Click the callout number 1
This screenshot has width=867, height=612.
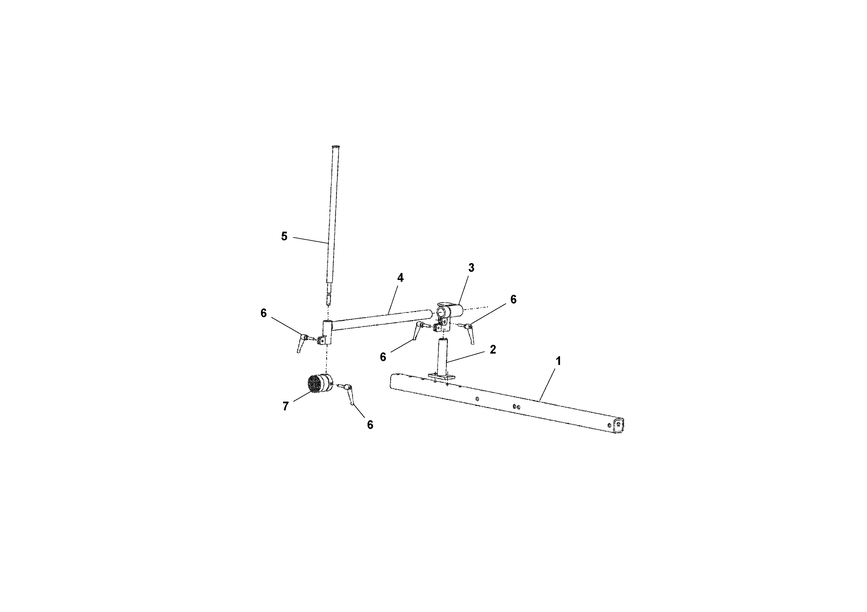(x=558, y=361)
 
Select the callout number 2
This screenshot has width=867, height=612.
(x=492, y=350)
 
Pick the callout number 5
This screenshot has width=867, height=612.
(x=284, y=237)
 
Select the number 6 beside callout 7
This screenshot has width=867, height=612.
(x=370, y=425)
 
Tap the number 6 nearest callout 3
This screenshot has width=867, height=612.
(x=513, y=299)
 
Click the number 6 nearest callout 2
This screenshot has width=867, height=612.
(x=383, y=357)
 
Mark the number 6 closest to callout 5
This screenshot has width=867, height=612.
(x=264, y=313)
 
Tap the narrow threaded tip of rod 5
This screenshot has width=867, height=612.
(x=329, y=301)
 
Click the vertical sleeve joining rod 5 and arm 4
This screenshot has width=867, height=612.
(x=327, y=332)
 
